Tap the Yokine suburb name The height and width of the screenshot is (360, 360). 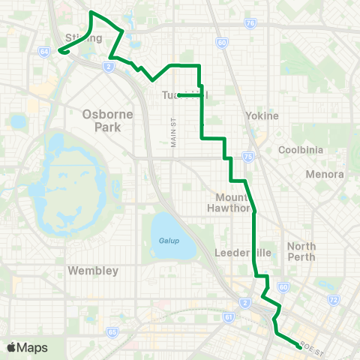point(262,116)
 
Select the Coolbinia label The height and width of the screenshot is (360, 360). point(300,150)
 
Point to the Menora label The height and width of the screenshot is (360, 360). point(325,174)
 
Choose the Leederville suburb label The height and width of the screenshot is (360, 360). point(238,252)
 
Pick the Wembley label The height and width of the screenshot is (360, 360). point(93,270)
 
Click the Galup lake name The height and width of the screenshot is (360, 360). point(169,241)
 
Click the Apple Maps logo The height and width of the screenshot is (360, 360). point(27,347)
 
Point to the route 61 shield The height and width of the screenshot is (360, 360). point(229,317)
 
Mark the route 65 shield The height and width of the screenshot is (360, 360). point(112,331)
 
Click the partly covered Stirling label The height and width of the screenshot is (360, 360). point(83,37)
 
